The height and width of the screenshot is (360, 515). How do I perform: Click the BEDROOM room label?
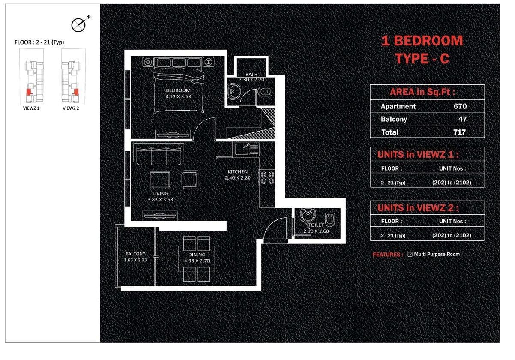point(178,90)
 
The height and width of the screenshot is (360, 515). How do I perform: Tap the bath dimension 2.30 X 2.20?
point(252,80)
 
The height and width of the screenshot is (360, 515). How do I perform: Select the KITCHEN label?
point(237,171)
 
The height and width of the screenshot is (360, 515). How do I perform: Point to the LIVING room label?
point(160,193)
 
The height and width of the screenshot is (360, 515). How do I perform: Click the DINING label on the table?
point(197,255)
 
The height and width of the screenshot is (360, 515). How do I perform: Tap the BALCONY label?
point(135,254)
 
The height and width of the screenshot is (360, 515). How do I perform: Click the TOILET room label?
point(316,225)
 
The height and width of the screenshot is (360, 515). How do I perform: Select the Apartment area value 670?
point(460,106)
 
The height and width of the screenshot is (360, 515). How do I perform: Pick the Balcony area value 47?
point(462,119)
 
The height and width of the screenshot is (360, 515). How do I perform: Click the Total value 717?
point(459,132)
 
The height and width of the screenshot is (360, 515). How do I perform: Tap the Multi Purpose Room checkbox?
point(410,254)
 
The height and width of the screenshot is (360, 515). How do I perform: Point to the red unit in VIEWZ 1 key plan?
point(29,92)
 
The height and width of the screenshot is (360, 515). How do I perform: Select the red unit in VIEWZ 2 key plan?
point(76,92)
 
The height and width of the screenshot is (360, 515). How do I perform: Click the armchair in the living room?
point(190,180)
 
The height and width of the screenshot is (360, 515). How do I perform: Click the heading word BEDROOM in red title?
point(428,41)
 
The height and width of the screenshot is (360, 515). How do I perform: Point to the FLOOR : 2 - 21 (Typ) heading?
point(39,42)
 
